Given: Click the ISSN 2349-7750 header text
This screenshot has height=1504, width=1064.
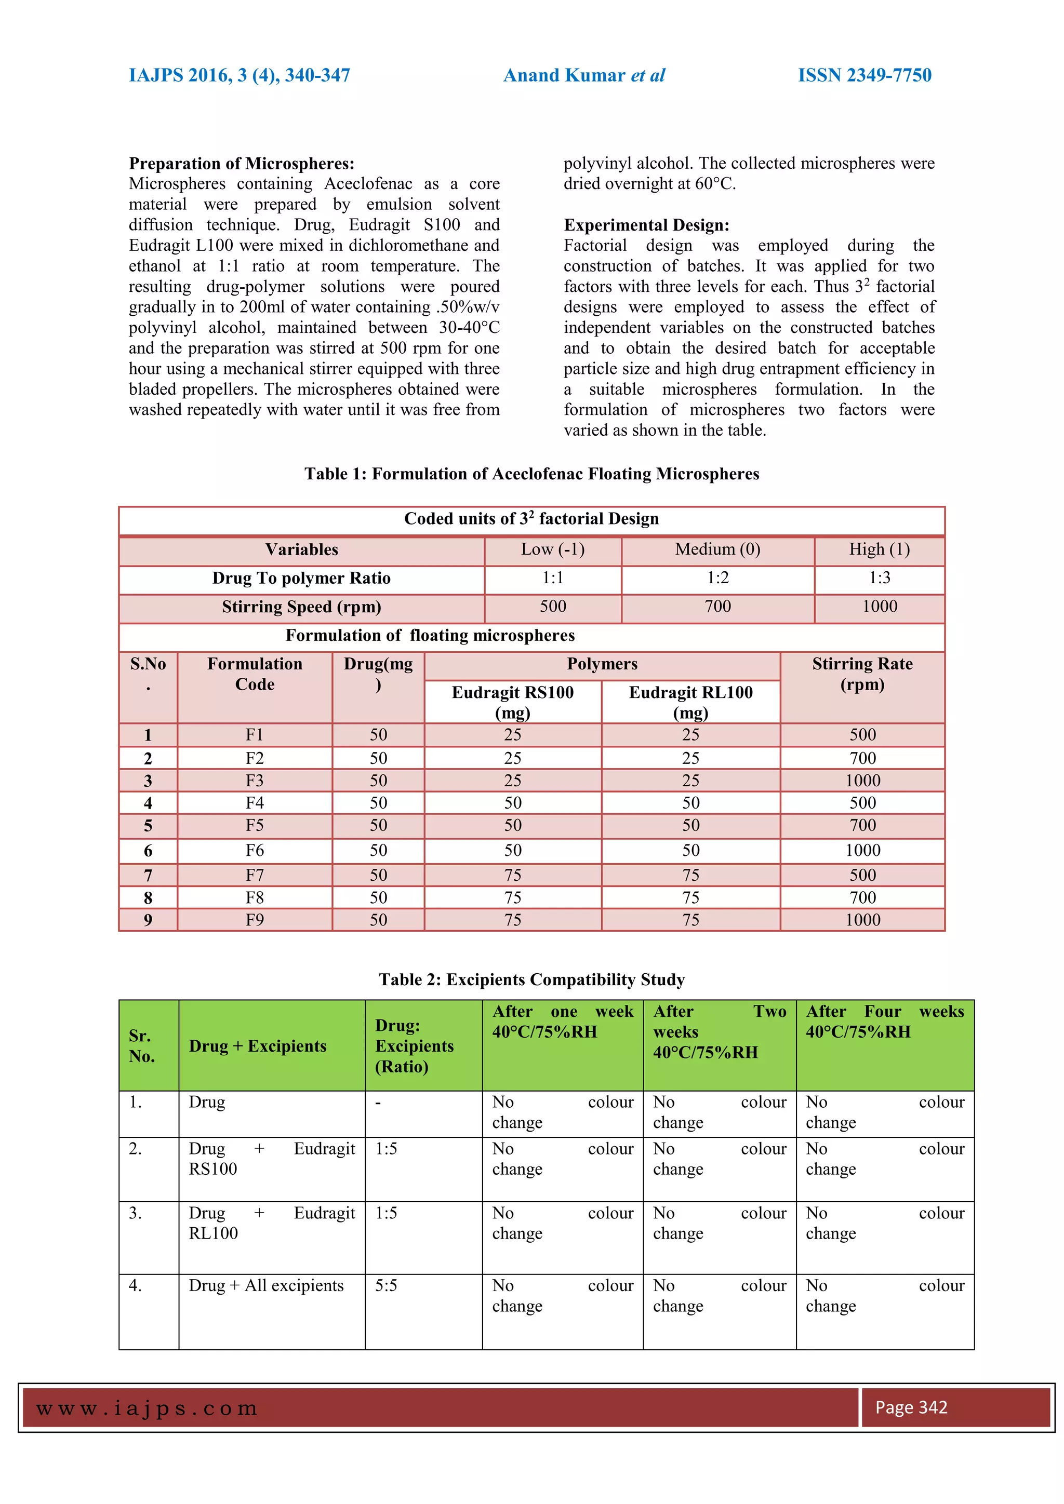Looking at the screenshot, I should (864, 75).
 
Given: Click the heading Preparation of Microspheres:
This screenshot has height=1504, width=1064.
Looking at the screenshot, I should (241, 163).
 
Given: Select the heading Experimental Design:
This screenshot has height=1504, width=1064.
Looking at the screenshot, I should (646, 225).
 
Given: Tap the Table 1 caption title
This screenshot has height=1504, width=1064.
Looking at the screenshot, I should (531, 474).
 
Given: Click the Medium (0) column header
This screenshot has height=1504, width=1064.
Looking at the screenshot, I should (717, 549).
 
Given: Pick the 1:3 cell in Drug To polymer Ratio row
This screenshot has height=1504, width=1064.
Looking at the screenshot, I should (879, 578).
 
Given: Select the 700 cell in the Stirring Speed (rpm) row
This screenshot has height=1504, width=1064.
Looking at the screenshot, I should (717, 607).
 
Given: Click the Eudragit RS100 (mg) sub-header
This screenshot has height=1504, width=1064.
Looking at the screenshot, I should (512, 702).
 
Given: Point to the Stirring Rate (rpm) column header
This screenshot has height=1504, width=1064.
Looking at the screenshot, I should (862, 674).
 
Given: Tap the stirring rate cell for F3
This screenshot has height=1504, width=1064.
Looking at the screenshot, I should (862, 780).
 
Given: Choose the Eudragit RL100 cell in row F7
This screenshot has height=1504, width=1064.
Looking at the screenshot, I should (690, 875).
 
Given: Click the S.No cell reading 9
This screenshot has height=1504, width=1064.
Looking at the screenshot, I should (148, 920).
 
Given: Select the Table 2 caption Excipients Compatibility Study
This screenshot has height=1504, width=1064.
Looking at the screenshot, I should (531, 979).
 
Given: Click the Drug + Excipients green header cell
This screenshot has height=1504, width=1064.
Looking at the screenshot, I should (258, 1046).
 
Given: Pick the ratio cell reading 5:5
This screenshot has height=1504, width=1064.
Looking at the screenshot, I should (386, 1285).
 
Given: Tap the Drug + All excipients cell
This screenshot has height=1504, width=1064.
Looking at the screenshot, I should (266, 1285).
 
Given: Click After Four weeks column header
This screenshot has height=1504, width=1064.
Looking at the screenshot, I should (884, 1021).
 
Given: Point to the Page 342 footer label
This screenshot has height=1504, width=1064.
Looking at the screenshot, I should (911, 1407).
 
